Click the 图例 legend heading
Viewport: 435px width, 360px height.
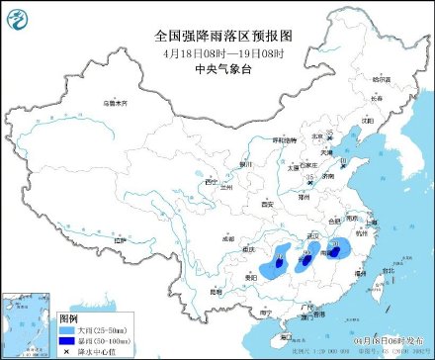(68, 317)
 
